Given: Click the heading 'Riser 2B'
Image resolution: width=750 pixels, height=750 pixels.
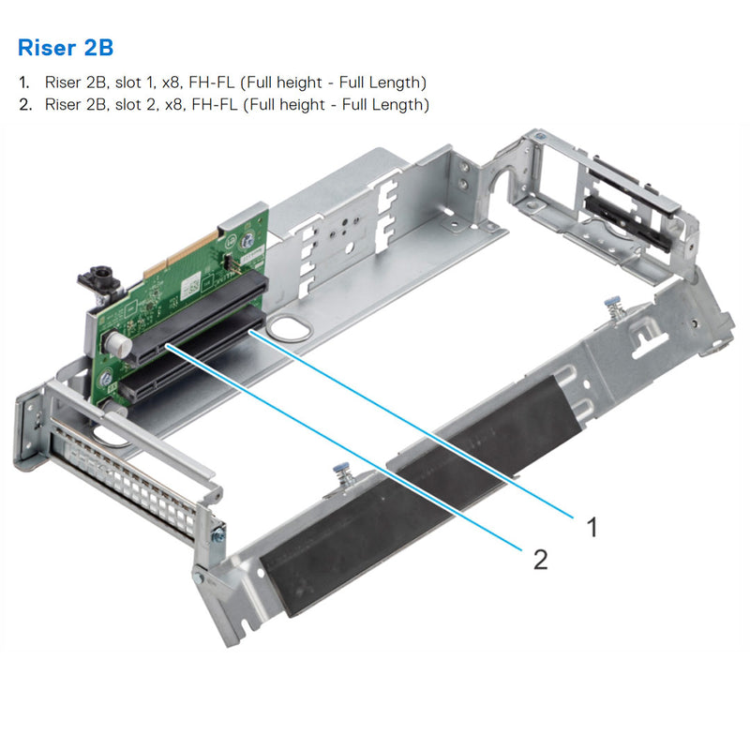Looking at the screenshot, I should tap(66, 47).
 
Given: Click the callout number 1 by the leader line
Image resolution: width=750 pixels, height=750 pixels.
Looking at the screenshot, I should tap(592, 527).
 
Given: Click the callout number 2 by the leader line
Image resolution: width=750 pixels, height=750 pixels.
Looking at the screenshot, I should tap(540, 560).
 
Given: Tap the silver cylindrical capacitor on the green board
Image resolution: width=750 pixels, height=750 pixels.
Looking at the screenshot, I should tap(115, 344).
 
